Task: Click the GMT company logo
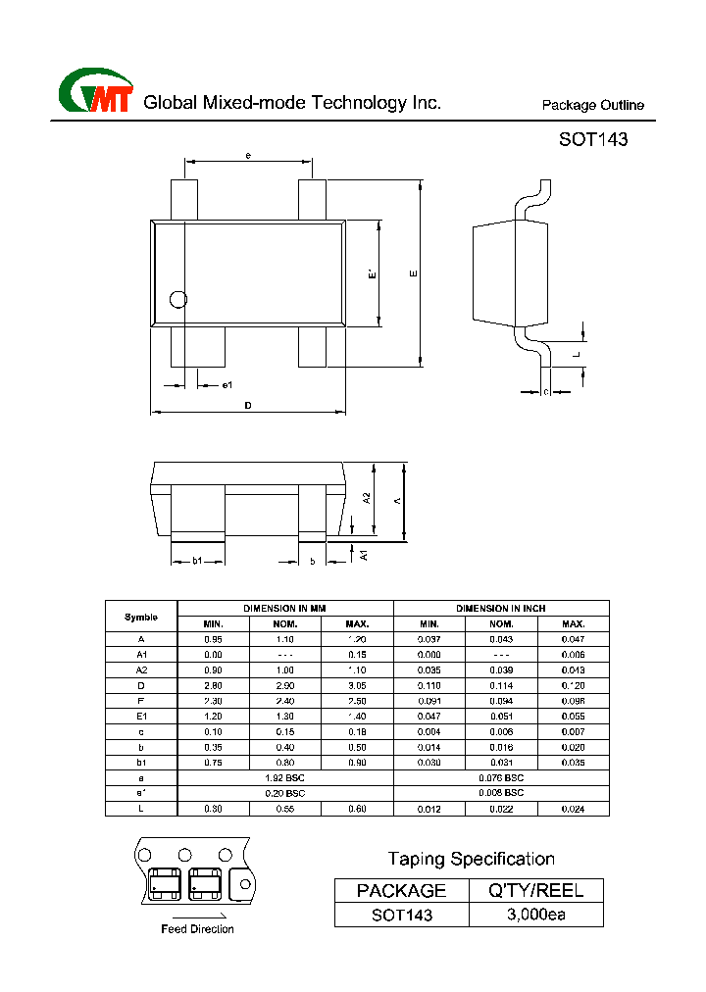(x=96, y=92)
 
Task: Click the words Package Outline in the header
(x=593, y=106)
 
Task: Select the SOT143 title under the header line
(x=593, y=140)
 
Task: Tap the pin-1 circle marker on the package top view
(x=177, y=299)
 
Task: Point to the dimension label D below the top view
(x=248, y=405)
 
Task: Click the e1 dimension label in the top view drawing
(x=227, y=384)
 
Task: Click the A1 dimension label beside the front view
(x=363, y=556)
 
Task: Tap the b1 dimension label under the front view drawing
(x=196, y=561)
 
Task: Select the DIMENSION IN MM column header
(x=285, y=609)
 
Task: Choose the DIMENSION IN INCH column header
(x=501, y=609)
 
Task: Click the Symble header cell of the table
(x=141, y=617)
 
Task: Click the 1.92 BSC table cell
(x=285, y=777)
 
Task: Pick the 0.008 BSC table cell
(x=501, y=792)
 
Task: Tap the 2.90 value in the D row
(x=285, y=686)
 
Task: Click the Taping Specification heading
(x=471, y=860)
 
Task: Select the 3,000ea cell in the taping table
(x=536, y=915)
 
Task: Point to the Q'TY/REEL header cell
(x=536, y=890)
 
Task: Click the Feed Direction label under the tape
(x=197, y=929)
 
